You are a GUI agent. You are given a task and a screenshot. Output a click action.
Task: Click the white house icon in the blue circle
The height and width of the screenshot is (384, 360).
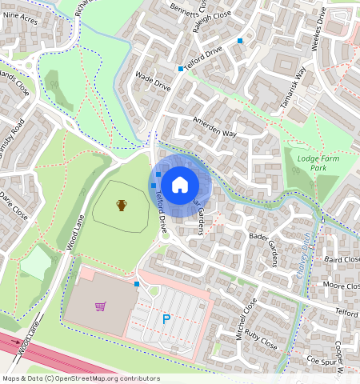pyautogui.click(x=180, y=185)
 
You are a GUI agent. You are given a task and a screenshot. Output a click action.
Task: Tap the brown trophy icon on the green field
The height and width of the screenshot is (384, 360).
pyautogui.click(x=122, y=206)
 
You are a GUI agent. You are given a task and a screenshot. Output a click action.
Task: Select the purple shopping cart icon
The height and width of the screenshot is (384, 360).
pyautogui.click(x=100, y=306)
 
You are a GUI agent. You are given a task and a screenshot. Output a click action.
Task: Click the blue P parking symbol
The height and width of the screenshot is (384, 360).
pyautogui.click(x=166, y=319)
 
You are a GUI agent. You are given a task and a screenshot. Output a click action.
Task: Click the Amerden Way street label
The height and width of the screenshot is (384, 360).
pyautogui.click(x=215, y=127)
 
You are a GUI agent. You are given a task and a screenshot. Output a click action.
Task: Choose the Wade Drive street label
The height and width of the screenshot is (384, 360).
pyautogui.click(x=154, y=81)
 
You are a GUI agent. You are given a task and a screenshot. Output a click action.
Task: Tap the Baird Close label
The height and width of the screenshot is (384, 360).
pyautogui.click(x=341, y=259)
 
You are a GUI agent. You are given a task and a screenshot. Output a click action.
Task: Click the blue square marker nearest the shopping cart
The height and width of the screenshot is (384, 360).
pyautogui.click(x=137, y=284)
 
